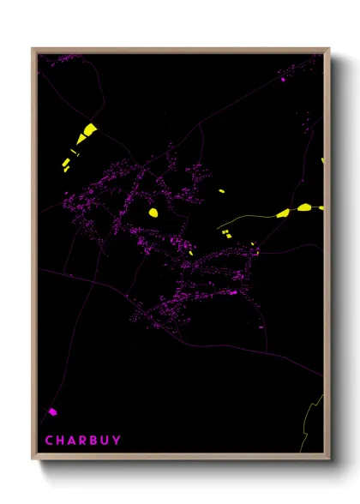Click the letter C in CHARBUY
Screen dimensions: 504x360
coord(49,441)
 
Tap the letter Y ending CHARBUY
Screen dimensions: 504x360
coord(117,441)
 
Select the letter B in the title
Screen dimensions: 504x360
coord(93,441)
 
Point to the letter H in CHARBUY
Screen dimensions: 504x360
coord(60,441)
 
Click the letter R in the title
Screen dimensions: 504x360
coord(82,441)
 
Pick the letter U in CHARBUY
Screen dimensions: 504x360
coord(105,441)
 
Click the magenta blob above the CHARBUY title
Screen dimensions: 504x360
coord(52,411)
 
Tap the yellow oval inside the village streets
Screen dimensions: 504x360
coord(153,212)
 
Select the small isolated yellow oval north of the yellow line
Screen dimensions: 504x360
coord(221,191)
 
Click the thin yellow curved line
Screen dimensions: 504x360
coord(249,218)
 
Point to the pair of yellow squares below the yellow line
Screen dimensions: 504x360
coord(225,233)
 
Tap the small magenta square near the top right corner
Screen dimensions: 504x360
coord(283,80)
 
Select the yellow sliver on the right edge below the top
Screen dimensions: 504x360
coord(322,160)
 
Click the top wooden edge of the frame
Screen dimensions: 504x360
coord(180,50)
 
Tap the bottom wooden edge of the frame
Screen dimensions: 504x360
coord(180,457)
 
